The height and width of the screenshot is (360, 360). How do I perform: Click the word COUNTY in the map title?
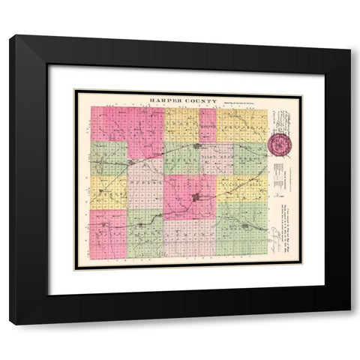201,100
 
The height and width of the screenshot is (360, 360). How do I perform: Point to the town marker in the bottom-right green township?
244,226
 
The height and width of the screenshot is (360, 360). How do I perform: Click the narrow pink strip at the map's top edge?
208,124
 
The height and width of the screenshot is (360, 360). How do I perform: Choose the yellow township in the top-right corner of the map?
241,124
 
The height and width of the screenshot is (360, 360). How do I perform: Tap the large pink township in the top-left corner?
127,124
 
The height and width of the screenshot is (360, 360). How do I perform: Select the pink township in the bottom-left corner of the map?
108,232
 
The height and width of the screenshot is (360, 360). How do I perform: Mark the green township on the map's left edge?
109,158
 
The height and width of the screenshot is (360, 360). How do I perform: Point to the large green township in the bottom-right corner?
241,229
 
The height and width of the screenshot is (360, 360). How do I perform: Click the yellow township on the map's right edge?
241,188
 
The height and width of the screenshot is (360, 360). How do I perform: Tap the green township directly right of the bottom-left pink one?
145,232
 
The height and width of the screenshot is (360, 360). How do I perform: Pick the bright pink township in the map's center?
190,196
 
